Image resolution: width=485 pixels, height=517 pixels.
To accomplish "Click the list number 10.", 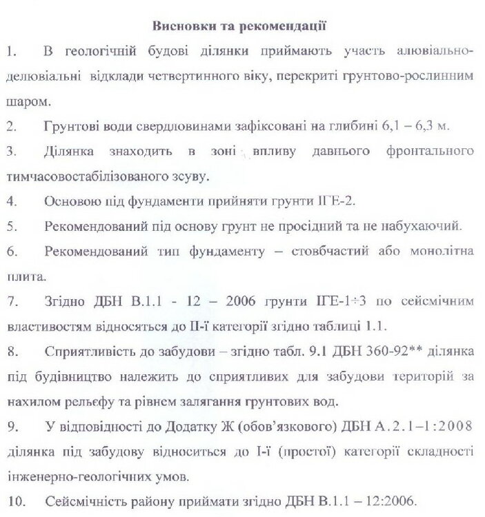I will coord(13,500).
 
